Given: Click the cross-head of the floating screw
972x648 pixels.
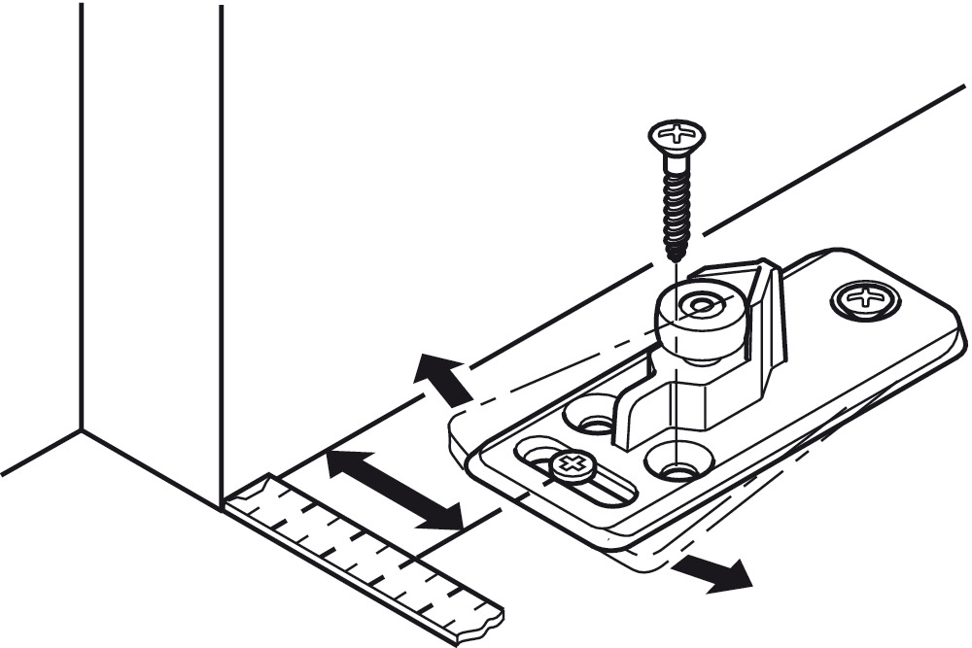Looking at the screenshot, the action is (x=677, y=133).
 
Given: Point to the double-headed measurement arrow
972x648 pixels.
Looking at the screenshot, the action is (x=394, y=490).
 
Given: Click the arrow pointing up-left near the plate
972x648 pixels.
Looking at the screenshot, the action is (x=442, y=379).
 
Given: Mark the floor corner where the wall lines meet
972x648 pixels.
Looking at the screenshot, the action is (x=81, y=430).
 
